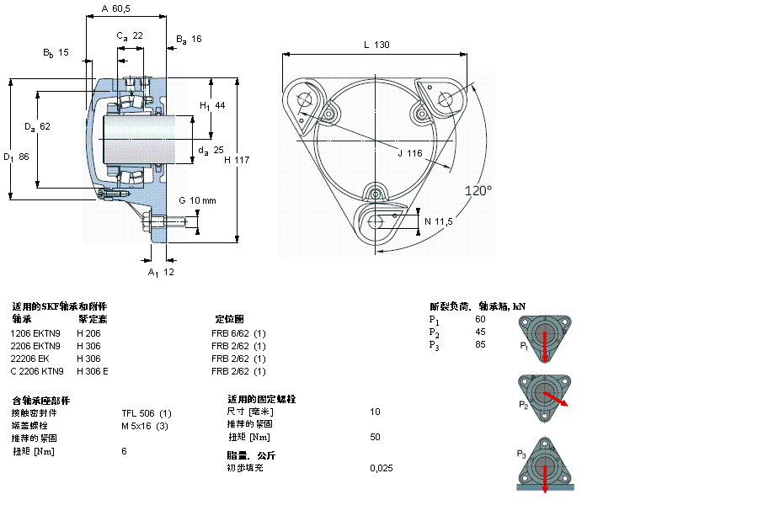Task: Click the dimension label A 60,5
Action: coord(116,8)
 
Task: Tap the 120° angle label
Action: coord(478,191)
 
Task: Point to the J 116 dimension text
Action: coord(410,152)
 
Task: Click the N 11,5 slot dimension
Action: coord(439,221)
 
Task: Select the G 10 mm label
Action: coord(197,200)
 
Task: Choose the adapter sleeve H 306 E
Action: coord(93,371)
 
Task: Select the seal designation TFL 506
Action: coord(147,412)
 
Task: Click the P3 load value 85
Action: coord(480,344)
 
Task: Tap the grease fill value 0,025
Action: coord(381,468)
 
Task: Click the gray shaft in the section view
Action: coord(139,139)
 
